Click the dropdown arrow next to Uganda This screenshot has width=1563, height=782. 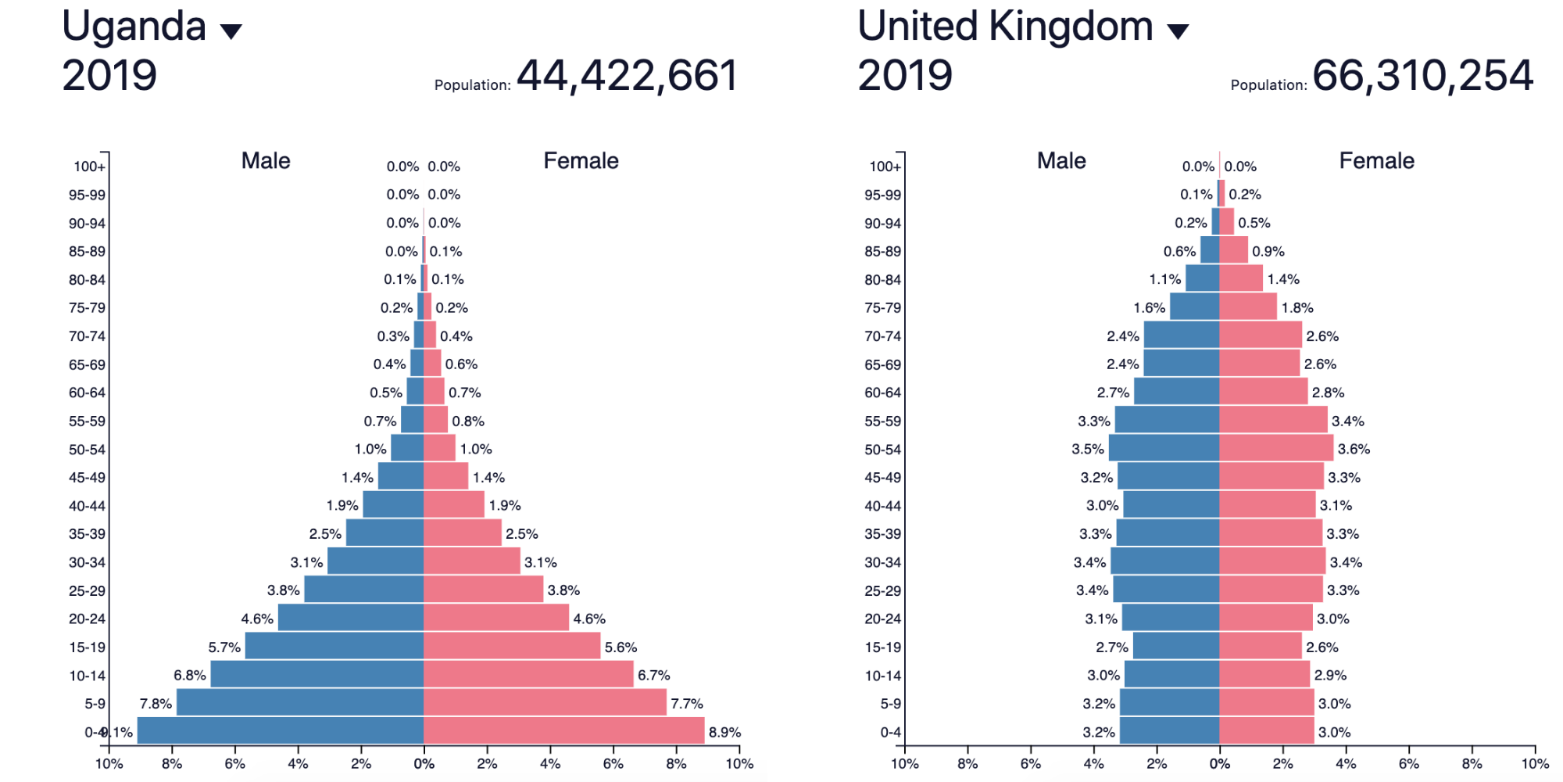point(231,31)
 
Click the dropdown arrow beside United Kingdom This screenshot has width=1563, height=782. point(1178,31)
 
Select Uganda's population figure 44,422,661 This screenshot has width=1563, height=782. point(627,76)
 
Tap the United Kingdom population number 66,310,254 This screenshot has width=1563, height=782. point(1422,76)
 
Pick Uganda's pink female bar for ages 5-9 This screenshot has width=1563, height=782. point(545,702)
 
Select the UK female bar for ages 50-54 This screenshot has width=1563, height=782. point(1276,448)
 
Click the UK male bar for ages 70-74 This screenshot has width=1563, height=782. point(1181,335)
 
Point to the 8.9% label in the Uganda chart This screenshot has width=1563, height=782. point(724,733)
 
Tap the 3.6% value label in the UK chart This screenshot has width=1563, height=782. point(1354,449)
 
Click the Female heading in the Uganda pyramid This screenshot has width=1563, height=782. point(581,161)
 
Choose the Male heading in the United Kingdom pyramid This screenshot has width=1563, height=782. point(1061,161)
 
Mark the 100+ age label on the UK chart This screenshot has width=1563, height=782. point(885,167)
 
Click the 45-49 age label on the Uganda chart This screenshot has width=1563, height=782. point(87,477)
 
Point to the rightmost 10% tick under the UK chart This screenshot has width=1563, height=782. point(1534,764)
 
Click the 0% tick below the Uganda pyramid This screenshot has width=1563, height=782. point(424,764)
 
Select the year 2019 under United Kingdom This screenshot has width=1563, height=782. point(905,76)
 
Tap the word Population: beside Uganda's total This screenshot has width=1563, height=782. point(472,85)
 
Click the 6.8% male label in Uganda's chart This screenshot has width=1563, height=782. point(190,675)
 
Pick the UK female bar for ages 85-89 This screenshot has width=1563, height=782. point(1233,250)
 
